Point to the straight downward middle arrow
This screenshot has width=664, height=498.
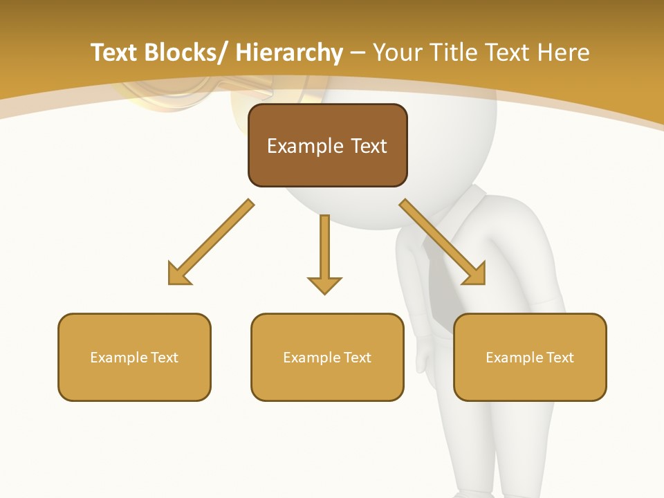(x=324, y=252)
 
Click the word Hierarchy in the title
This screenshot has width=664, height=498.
(x=289, y=53)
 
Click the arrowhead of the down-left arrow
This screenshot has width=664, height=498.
(x=178, y=274)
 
